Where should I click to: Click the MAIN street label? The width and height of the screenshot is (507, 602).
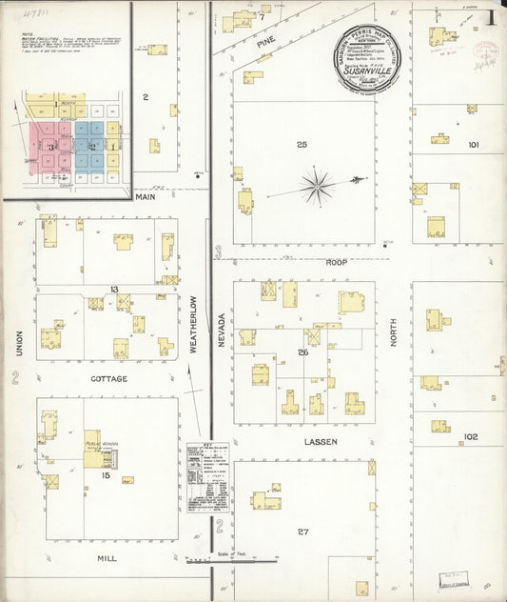point(145,197)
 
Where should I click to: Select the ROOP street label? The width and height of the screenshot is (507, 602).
point(337,262)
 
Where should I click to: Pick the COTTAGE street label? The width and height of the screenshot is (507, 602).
point(109,378)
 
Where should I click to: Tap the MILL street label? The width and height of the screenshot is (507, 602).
point(107,553)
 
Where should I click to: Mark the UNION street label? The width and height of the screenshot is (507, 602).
point(18,343)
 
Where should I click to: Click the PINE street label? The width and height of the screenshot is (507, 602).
point(265,42)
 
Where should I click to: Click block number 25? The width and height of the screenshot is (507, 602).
point(302,145)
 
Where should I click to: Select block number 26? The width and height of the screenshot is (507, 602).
point(303,352)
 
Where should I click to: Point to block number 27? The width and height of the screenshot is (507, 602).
point(303,532)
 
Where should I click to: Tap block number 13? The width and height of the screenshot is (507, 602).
point(113,289)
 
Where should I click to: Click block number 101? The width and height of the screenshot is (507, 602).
point(473,145)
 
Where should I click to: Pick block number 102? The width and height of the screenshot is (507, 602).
point(470,437)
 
